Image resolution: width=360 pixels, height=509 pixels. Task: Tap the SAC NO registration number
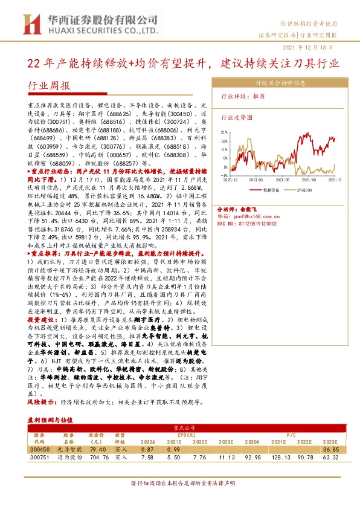pos(247,223)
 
